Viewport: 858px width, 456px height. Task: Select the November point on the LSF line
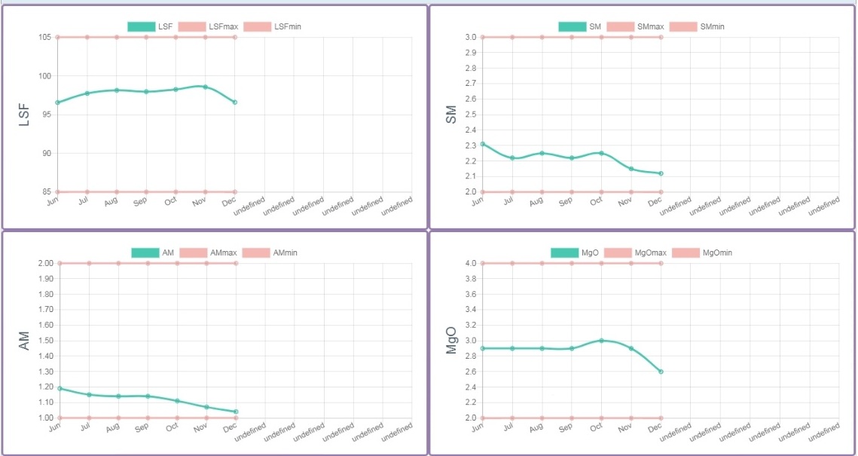point(205,87)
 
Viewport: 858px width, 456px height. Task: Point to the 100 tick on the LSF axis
point(44,76)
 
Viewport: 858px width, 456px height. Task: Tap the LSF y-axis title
point(24,115)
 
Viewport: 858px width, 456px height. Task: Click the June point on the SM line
point(483,144)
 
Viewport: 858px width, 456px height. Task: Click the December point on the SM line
point(661,173)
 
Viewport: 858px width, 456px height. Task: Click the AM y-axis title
point(24,341)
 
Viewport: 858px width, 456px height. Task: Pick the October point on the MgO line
point(601,341)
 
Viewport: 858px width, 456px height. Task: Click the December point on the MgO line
point(661,372)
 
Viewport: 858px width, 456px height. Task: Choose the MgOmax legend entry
point(636,252)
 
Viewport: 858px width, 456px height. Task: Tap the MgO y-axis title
point(451,341)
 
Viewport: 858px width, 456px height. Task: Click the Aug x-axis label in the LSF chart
point(111,202)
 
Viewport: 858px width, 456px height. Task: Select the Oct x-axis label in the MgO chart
point(596,428)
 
